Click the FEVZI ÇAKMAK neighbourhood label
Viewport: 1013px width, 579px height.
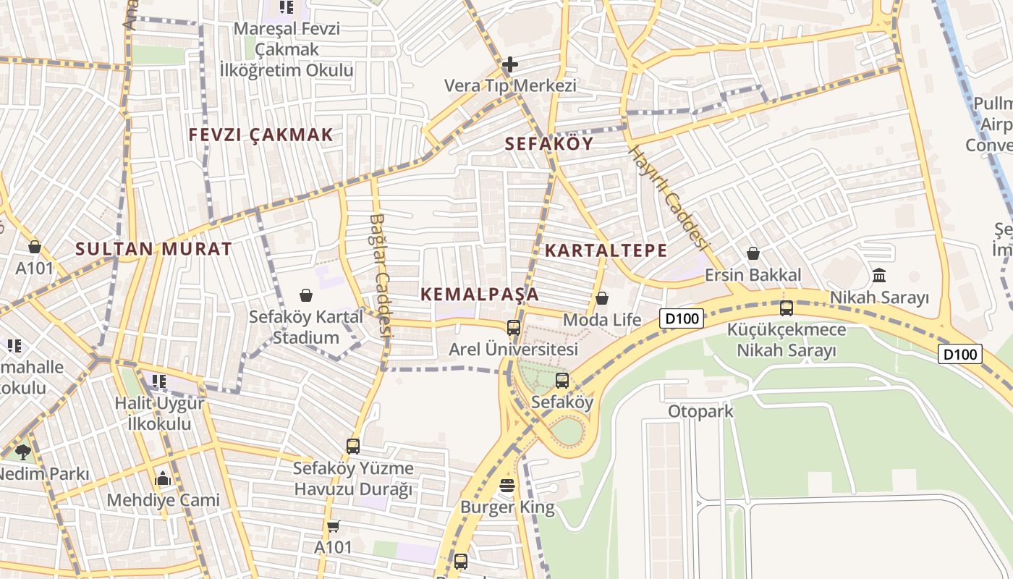point(261,135)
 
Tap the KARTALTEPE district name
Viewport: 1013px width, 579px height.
point(606,250)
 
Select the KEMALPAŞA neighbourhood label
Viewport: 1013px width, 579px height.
point(480,294)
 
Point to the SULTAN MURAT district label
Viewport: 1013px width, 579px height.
point(154,249)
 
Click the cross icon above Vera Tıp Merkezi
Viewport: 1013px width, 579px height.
point(510,64)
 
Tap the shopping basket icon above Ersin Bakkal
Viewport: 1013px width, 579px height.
point(753,253)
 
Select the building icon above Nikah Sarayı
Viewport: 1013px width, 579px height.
point(879,275)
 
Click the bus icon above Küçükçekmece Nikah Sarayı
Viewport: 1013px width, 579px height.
point(787,308)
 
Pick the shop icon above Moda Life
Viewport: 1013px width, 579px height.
point(602,298)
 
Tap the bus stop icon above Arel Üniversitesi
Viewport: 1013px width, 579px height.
point(514,328)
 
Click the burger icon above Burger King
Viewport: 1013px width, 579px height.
point(507,486)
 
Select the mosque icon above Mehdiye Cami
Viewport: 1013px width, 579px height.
point(163,478)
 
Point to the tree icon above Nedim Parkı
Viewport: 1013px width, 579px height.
point(23,452)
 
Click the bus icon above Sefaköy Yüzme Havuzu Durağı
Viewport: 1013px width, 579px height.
point(353,447)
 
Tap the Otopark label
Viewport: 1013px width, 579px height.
point(700,412)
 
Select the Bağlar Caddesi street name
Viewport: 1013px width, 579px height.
point(380,275)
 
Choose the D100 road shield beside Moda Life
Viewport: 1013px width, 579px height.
point(682,318)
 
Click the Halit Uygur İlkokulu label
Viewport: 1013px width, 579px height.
point(160,413)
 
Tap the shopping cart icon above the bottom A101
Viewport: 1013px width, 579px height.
point(333,526)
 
